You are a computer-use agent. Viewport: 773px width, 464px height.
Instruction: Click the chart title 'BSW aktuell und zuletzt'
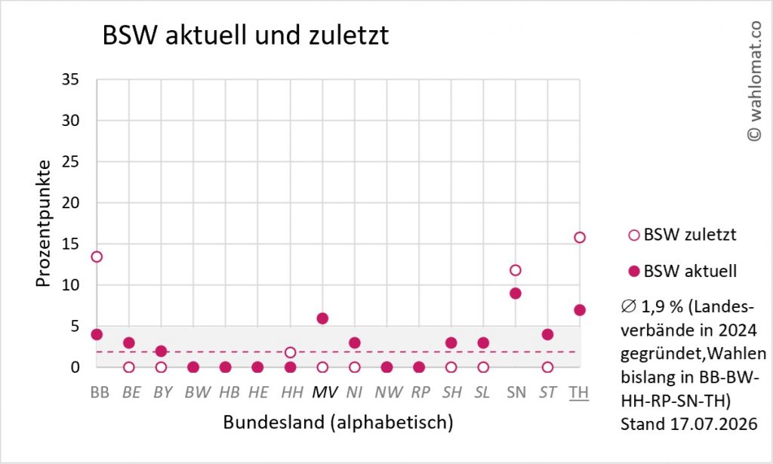pos(245,35)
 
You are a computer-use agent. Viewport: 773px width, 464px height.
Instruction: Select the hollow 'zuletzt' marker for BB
pos(97,257)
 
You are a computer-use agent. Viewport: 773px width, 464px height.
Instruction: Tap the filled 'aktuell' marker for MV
pos(322,318)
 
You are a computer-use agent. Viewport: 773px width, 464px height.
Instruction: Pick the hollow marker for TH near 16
pos(580,238)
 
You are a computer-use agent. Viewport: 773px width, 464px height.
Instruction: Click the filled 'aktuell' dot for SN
pos(515,293)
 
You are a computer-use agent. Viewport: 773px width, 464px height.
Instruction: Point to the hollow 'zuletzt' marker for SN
pos(515,270)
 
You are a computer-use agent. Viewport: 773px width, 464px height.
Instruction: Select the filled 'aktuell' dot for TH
pos(580,310)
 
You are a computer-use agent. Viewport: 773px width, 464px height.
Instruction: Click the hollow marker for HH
pos(291,352)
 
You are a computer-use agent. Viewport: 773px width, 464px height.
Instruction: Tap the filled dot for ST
pos(547,334)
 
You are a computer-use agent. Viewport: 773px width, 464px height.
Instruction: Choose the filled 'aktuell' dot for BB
pos(97,334)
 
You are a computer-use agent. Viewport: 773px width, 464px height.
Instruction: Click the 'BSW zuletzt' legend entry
pos(682,235)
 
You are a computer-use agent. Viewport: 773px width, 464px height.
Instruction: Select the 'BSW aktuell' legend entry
pos(682,272)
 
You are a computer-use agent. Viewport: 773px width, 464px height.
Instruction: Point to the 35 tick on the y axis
pos(70,79)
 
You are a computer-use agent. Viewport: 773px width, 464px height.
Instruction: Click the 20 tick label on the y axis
pos(70,202)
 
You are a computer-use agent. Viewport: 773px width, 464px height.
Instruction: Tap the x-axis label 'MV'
pos(325,392)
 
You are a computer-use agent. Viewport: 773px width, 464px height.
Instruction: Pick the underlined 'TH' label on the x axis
pos(579,392)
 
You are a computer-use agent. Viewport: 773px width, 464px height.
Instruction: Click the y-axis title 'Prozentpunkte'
pos(43,223)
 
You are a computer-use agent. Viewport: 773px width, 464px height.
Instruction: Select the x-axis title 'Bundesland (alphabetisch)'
pos(338,423)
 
